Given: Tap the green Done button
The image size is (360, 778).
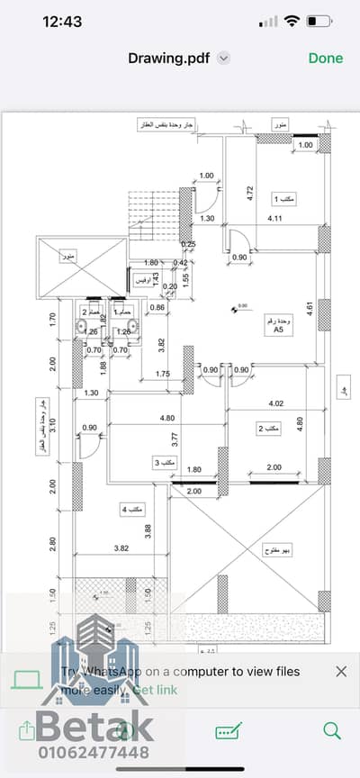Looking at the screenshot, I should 325,58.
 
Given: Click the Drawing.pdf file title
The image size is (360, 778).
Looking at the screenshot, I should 169,58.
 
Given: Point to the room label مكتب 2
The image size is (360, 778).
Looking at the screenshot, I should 268,429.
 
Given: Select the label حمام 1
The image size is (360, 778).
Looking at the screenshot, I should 125,311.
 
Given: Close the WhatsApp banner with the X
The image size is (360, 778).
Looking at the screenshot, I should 341,671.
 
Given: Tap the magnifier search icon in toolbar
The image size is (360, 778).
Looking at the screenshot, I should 331,730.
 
